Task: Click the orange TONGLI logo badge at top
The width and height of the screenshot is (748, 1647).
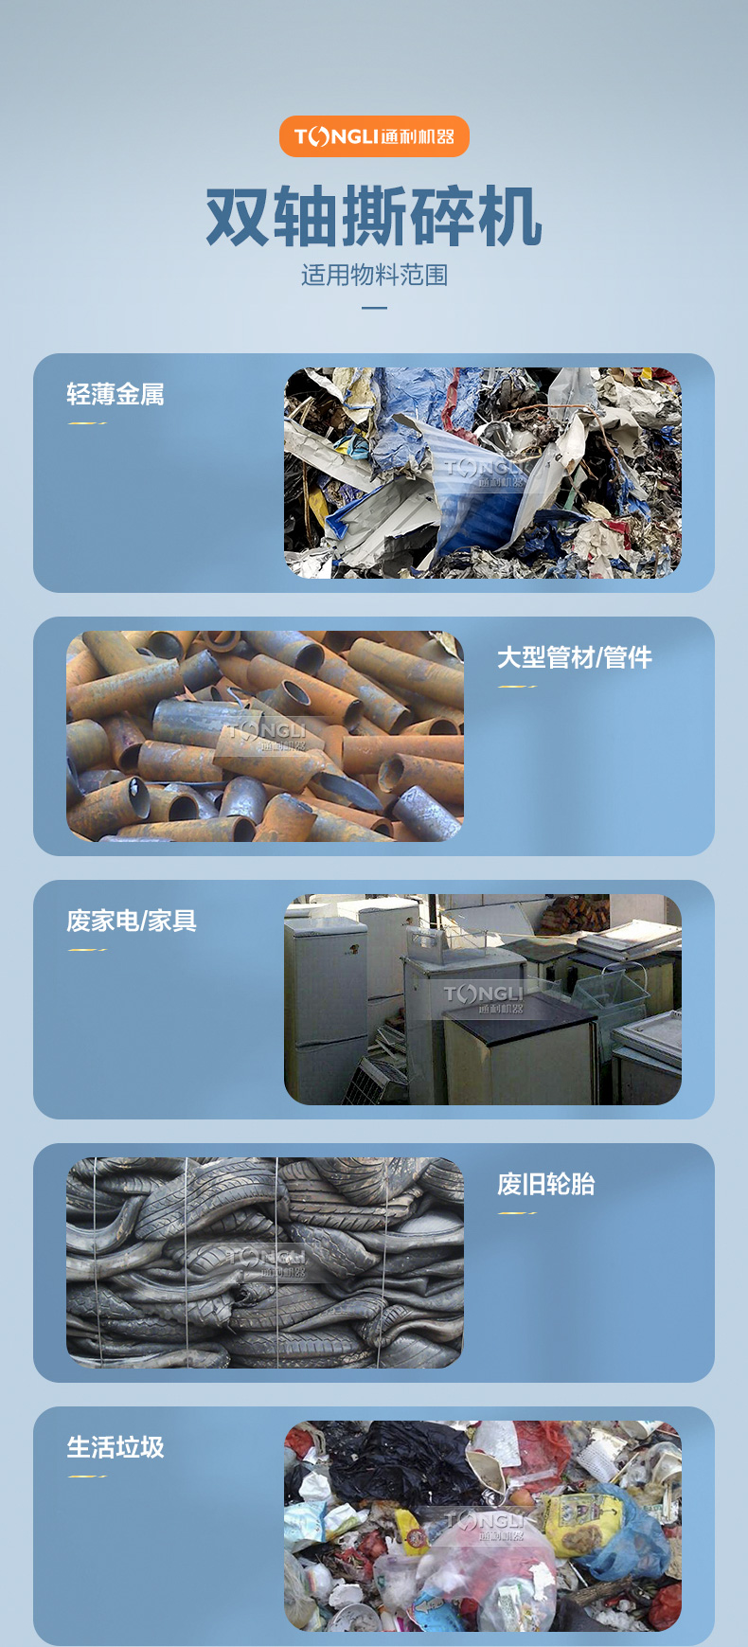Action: [374, 136]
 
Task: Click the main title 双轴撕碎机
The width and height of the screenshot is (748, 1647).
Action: [374, 217]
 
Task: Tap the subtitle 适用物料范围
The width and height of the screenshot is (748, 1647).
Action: [374, 275]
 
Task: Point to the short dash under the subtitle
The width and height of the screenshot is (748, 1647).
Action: [374, 308]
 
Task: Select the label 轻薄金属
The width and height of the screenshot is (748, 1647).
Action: [116, 394]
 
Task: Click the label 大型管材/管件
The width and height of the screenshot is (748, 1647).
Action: [575, 657]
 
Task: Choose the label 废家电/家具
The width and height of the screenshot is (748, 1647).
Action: [132, 921]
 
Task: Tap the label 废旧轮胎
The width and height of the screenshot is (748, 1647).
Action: [546, 1184]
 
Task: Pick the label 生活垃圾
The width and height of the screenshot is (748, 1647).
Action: [116, 1447]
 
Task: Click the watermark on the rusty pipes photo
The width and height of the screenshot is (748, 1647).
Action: [267, 736]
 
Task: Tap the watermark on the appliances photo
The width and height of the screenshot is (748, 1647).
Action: [484, 998]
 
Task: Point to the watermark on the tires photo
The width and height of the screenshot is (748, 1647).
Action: [267, 1262]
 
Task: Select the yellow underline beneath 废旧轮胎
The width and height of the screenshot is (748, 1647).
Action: [517, 1213]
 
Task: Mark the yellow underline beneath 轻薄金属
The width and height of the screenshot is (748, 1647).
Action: [87, 423]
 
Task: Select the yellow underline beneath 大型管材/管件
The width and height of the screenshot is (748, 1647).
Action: [517, 687]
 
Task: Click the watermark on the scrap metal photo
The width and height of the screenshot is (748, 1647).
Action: [484, 472]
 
